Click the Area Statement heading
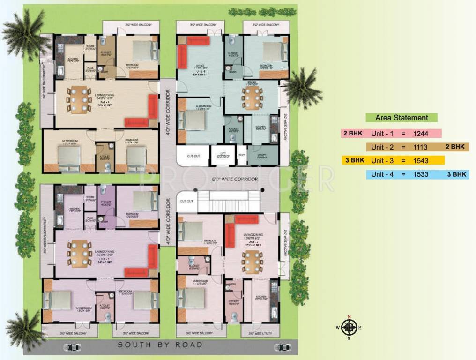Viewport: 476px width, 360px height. pos(402,118)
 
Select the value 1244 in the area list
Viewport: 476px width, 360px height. pos(420,134)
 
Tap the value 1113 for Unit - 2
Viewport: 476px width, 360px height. pos(420,147)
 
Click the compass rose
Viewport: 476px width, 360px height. pos(349,327)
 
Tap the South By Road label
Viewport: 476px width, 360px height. pos(160,345)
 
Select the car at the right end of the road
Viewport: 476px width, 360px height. pos(282,347)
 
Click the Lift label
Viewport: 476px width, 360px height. pos(222,155)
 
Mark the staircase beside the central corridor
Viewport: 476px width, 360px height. pos(228,201)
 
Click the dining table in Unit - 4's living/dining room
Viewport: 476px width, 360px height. pos(79,99)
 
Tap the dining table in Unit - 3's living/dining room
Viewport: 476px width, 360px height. pos(79,253)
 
